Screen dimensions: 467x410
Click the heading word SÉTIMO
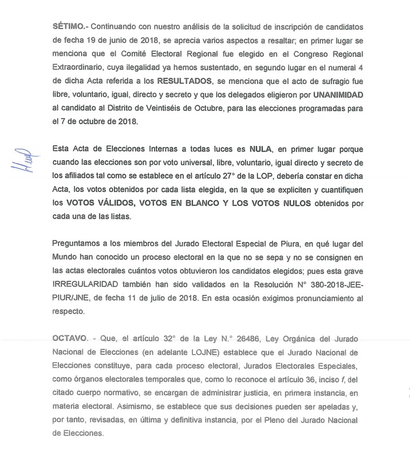69,27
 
